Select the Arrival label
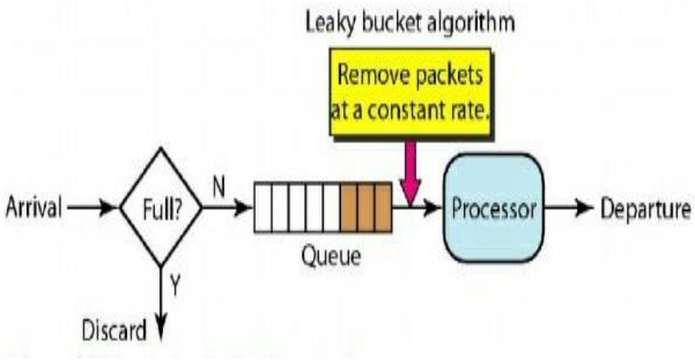click(x=34, y=208)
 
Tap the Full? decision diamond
click(x=161, y=207)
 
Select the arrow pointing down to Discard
click(x=161, y=303)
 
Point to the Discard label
click(x=116, y=331)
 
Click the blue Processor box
click(x=494, y=208)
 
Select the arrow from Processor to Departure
click(x=569, y=208)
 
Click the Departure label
click(x=644, y=208)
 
